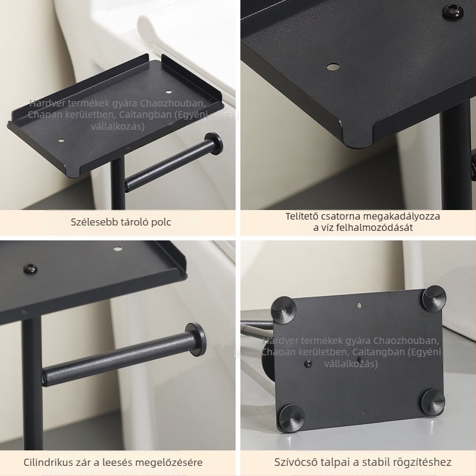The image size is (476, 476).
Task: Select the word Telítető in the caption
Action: [302, 216]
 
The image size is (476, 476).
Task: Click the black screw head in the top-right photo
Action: [452, 11]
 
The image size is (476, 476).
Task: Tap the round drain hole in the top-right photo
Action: [333, 67]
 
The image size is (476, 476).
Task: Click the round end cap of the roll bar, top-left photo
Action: [215, 144]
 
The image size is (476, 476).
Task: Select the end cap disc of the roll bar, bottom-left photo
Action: [196, 339]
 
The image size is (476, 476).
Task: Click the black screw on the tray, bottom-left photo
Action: [30, 269]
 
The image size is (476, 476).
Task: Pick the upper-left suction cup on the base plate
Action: [284, 310]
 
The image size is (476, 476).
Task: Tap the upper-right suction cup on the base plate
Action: [435, 299]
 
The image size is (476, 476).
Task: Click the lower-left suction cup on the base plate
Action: [292, 418]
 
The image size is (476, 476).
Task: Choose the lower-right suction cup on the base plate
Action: [434, 402]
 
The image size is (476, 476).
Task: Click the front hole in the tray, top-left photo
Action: [61, 141]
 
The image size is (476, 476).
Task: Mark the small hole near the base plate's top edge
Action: [360, 305]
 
